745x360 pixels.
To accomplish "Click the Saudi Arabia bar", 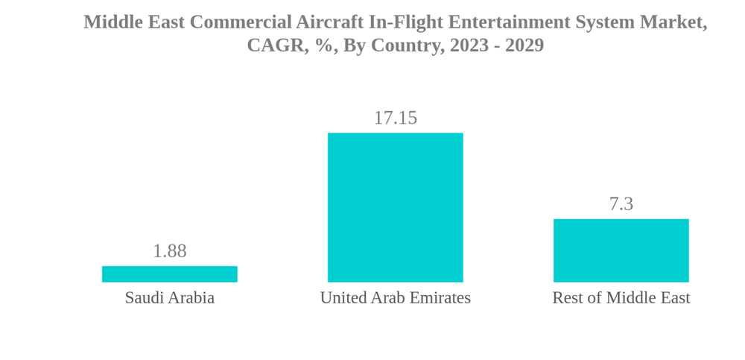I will point(169,274).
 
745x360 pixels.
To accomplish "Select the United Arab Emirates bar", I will point(395,207).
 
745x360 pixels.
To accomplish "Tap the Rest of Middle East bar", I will point(621,250).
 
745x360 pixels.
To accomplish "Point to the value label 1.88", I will point(169,251).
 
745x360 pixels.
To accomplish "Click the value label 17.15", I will point(395,118).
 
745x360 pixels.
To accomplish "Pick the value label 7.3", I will point(621,203).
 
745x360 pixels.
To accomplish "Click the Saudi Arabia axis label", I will point(169,298).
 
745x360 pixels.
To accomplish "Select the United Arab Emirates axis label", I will point(395,298).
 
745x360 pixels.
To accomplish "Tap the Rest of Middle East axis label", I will point(621,298).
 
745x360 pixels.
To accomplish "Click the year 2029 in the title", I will point(524,45).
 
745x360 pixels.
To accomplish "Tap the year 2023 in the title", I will point(468,45).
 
